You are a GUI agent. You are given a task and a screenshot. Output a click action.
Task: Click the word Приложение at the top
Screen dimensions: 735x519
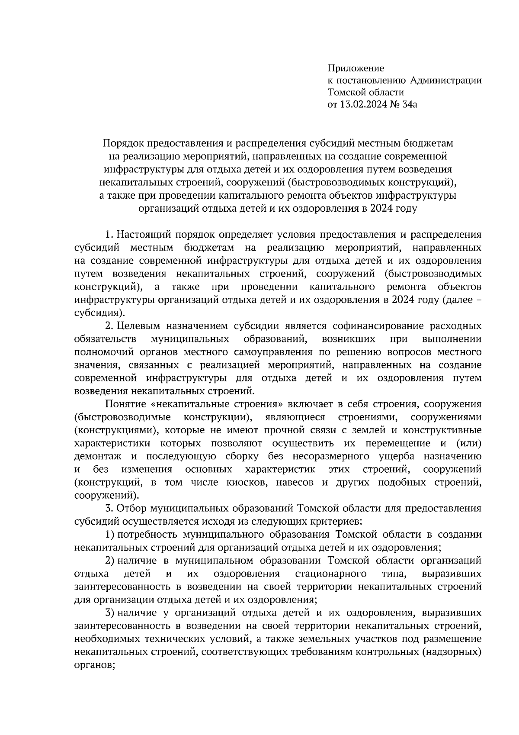click(356, 68)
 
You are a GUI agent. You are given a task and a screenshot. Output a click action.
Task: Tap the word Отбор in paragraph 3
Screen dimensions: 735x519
click(130, 508)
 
